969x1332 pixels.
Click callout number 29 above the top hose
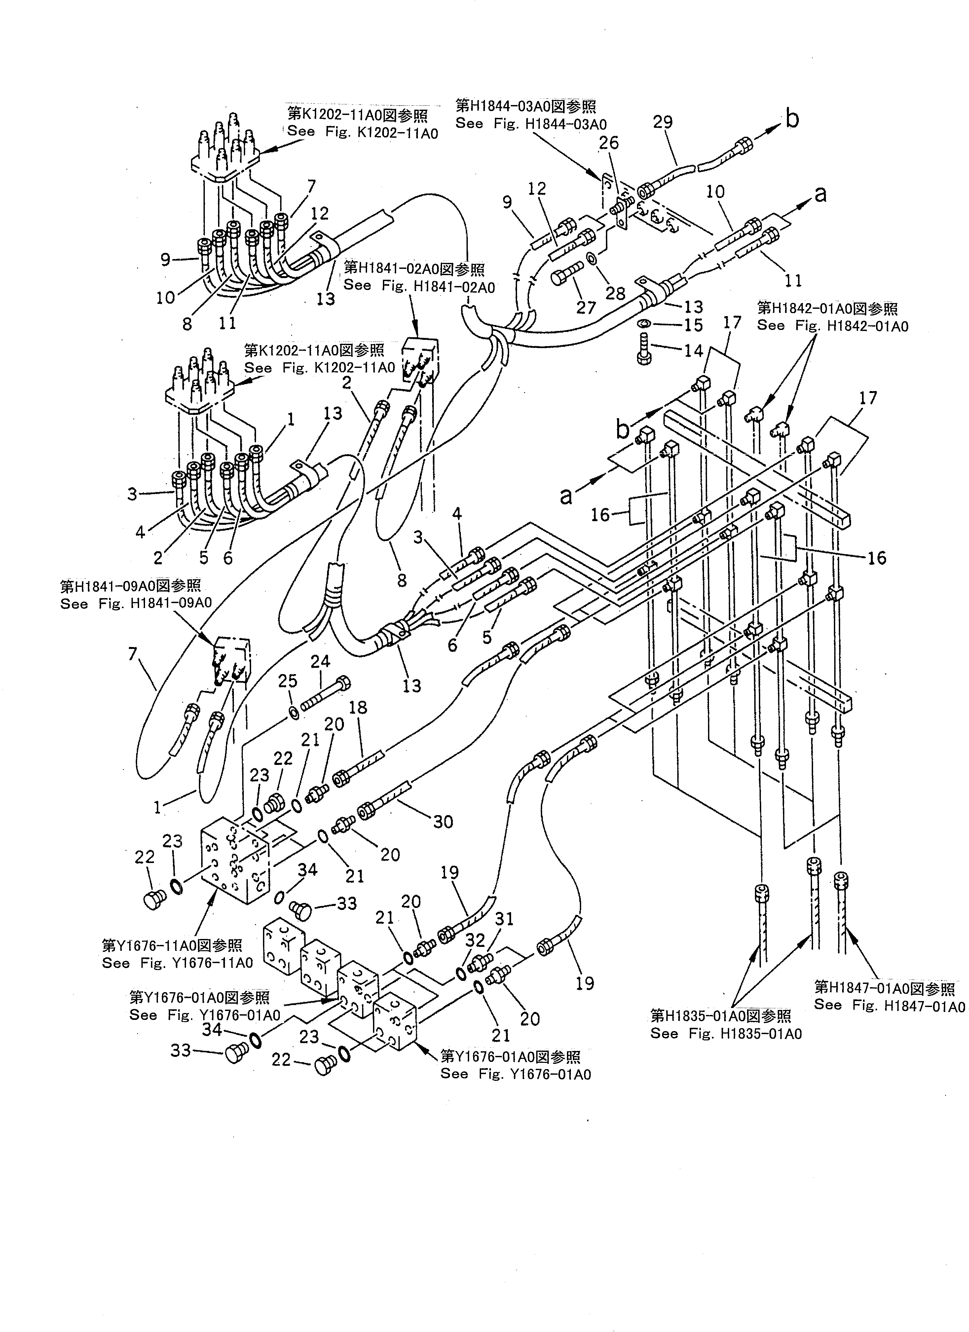662,122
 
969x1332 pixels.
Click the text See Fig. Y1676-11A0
177,963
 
